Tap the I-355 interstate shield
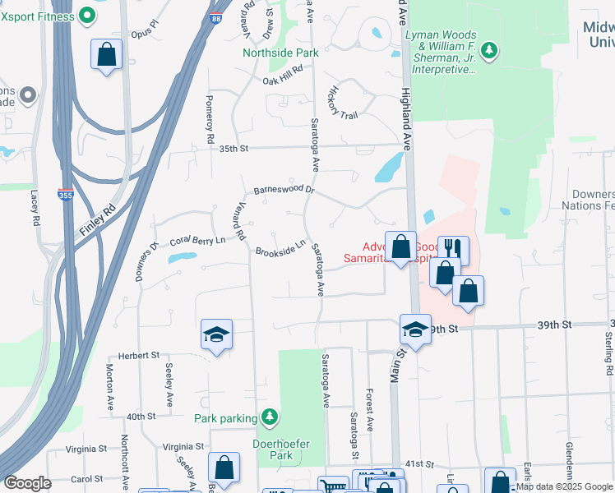click(x=65, y=196)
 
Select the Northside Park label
click(x=280, y=53)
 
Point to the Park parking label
click(x=225, y=418)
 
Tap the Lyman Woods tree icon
click(x=490, y=51)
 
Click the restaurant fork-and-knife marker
click(x=452, y=247)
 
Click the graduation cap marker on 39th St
click(x=415, y=329)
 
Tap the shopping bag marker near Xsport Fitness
click(x=106, y=55)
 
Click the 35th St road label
click(x=234, y=148)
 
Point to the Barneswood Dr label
click(x=284, y=190)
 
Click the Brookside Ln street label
click(x=280, y=247)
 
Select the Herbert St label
click(x=138, y=355)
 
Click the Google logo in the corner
click(x=27, y=483)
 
